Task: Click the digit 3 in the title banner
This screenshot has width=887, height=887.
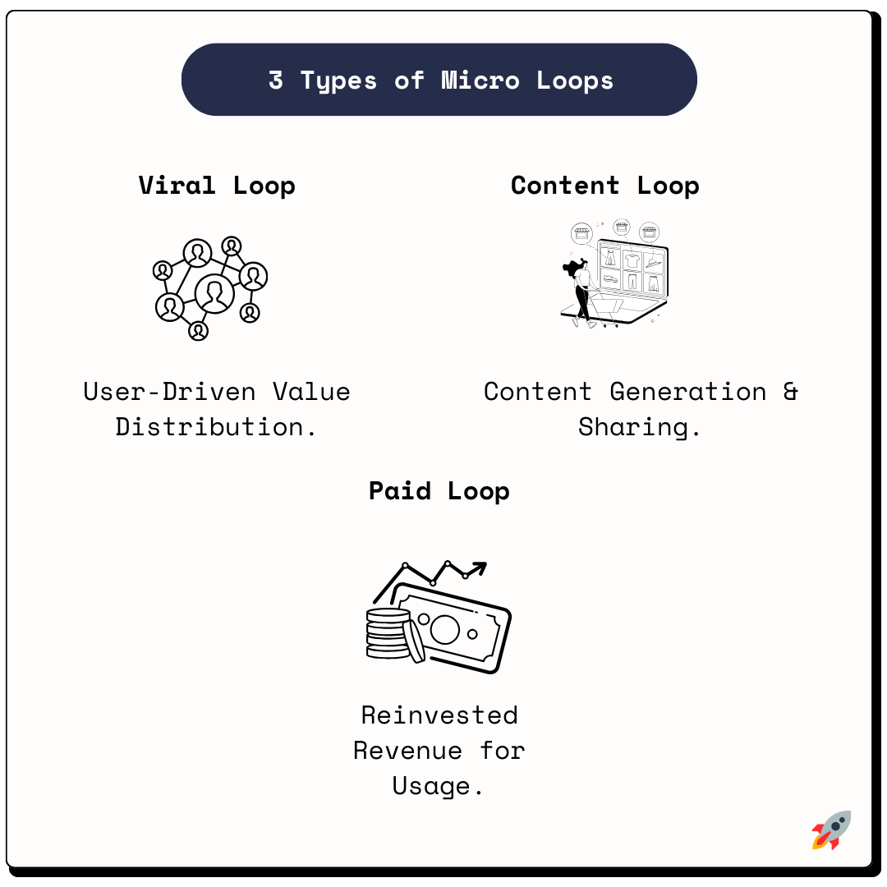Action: click(276, 80)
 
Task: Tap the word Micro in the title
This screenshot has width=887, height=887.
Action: click(480, 80)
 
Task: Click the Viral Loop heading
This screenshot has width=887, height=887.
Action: click(217, 185)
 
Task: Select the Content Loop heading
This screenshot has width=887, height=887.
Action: click(605, 185)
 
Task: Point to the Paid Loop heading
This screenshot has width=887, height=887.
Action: click(439, 490)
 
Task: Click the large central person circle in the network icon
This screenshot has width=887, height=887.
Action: click(214, 293)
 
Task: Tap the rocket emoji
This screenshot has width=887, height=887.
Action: click(831, 830)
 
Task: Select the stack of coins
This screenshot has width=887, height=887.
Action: click(388, 633)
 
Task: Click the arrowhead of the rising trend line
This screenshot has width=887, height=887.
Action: click(479, 567)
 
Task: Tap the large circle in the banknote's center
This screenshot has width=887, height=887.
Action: click(444, 629)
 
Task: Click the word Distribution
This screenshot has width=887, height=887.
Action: click(216, 426)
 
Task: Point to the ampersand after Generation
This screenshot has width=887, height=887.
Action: click(790, 391)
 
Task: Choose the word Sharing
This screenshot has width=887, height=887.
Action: click(640, 426)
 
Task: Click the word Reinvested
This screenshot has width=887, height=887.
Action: click(439, 715)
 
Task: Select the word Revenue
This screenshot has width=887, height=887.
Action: click(407, 750)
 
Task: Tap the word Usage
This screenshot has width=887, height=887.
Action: click(438, 786)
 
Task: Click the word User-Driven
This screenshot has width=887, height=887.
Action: click(169, 391)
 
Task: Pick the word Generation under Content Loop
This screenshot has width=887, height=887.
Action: click(688, 391)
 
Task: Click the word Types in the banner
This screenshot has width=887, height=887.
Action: click(338, 80)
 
